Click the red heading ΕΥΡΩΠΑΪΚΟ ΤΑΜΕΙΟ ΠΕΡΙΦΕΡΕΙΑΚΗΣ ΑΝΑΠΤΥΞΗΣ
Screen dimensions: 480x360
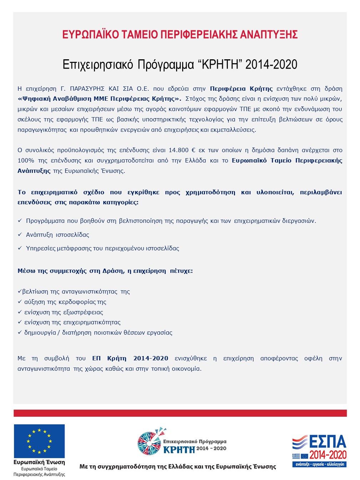pos(180,34)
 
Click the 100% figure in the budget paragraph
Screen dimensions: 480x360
pos(26,160)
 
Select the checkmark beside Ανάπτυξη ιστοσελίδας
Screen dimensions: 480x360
pos(20,235)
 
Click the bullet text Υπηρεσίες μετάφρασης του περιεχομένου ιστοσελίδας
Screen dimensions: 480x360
pos(102,248)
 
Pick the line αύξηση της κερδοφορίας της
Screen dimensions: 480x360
pos(65,302)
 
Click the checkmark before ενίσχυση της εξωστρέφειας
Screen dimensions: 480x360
pos(20,312)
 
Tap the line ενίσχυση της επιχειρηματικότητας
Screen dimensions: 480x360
pos(72,322)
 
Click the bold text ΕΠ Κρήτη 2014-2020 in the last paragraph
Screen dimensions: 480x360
pos(130,358)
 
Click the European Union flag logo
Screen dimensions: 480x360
pos(39,441)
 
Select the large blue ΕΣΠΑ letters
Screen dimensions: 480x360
pos(327,442)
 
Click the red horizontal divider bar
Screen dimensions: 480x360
pos(180,413)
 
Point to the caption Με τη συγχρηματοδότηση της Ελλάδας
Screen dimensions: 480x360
pos(177,466)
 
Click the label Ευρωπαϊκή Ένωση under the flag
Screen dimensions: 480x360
pos(39,462)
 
